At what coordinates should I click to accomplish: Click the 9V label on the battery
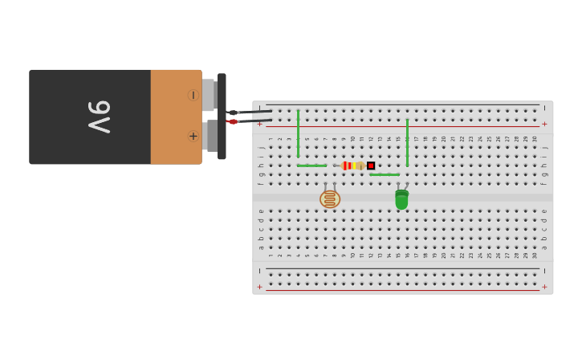coord(100,117)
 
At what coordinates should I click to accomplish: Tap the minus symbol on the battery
coord(193,95)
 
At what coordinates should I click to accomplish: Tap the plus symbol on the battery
coord(193,136)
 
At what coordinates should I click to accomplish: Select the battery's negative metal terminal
coord(208,95)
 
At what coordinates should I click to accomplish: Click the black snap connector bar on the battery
coord(222,117)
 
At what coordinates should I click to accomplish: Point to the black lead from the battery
coord(250,112)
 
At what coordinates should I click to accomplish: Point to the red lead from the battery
coord(250,121)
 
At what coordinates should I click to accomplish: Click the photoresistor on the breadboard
coord(330,198)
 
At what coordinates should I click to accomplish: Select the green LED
coord(401,199)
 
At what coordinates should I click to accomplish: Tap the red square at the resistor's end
coord(371,166)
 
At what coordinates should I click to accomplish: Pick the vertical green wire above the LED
coord(407,142)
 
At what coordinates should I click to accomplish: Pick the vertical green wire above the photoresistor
coord(298,133)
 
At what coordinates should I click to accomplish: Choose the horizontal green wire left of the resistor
coord(311,166)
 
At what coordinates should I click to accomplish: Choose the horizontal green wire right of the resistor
coord(385,174)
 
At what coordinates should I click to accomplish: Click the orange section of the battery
coord(175,117)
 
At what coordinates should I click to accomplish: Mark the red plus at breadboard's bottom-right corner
coord(544,287)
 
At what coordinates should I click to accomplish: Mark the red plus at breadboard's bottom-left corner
coord(259,287)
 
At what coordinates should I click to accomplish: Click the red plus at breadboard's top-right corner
coord(544,124)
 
